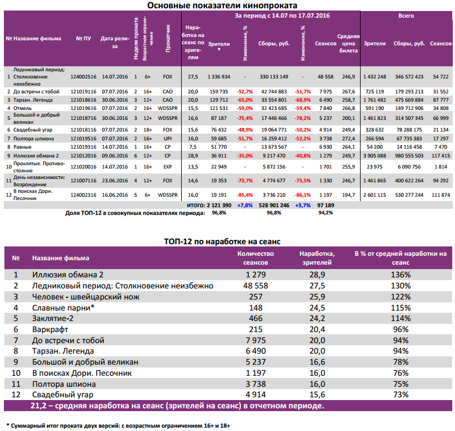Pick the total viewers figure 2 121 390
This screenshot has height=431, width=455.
pos(216,205)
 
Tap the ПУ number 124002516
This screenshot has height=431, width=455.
pos(83,76)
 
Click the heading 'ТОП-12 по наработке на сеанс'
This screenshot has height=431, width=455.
pos(223,241)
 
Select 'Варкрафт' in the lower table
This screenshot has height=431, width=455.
pos(50,329)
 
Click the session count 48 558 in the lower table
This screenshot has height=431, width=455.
pos(256,286)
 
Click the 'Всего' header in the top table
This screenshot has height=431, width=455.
pos(406,16)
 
